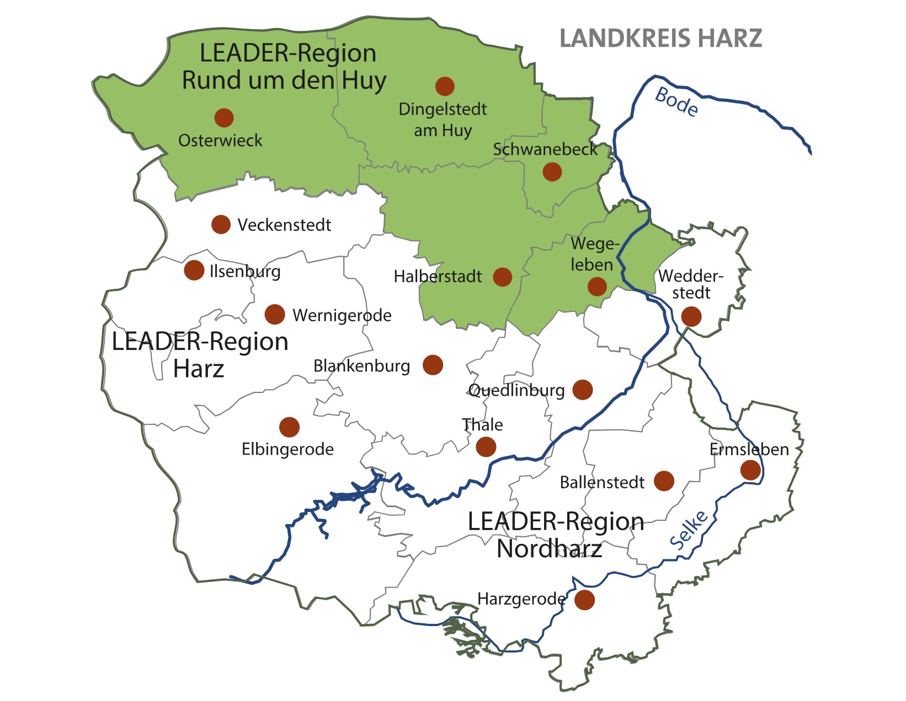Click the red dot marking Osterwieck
224,117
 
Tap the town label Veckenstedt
284,225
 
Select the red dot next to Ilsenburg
194,270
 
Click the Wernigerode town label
342,315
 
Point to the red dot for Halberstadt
502,277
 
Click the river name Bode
676,102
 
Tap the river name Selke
689,530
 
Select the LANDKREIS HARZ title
660,39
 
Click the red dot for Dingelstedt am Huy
445,87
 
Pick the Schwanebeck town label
545,149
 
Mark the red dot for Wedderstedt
691,316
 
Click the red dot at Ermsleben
750,470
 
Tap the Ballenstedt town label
601,482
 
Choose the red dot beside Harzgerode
585,599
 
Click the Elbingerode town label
287,449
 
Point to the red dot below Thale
486,446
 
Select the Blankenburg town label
361,366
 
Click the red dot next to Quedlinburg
583,390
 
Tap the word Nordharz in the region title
549,549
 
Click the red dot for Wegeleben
597,287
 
